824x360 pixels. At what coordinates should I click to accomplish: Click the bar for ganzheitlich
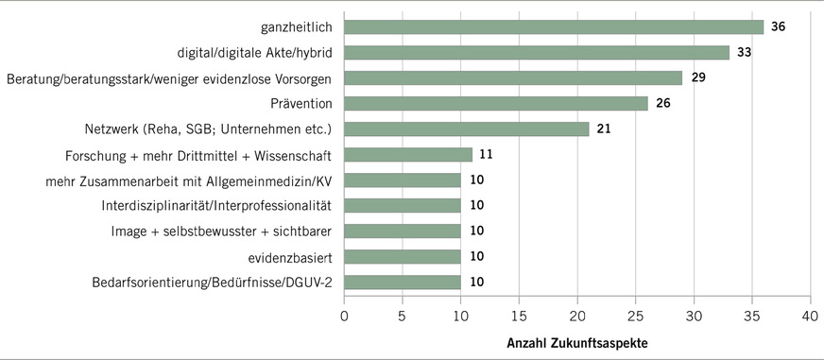coord(554,26)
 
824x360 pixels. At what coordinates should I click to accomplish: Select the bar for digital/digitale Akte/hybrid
coord(537,52)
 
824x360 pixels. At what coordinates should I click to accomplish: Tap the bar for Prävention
coord(496,103)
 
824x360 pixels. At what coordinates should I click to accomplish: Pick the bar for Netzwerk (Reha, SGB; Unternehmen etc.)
coord(467,129)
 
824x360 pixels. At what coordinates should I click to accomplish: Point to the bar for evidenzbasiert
coord(403,256)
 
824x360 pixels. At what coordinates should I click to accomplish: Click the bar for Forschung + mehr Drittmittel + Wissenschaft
coord(408,154)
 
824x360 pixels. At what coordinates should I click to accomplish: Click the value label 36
coord(779,26)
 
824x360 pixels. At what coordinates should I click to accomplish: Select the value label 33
coord(744,52)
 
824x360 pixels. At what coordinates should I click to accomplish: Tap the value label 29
coord(697,77)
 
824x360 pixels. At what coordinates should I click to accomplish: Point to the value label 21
coord(604,129)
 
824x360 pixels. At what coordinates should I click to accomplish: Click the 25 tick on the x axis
coord(636,314)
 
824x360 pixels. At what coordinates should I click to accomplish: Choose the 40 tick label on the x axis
coord(810,314)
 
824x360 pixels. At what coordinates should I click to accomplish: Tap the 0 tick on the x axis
coord(345,314)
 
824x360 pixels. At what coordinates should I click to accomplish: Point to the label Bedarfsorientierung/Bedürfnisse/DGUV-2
coord(214,282)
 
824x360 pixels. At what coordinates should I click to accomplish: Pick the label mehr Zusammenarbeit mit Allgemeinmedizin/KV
coord(204,180)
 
